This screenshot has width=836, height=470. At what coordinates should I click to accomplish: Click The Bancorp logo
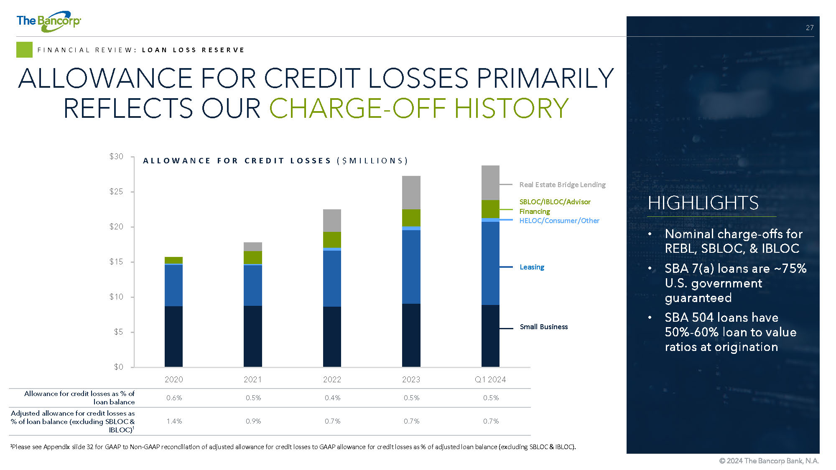[x=48, y=21]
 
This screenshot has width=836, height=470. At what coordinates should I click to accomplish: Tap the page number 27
[x=810, y=28]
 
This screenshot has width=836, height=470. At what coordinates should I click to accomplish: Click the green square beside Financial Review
[x=24, y=50]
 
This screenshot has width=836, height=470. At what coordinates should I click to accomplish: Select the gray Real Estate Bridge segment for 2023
[x=411, y=193]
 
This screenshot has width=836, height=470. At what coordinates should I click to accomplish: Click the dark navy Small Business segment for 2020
[x=173, y=336]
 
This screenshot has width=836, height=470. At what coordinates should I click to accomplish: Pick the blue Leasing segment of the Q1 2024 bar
[x=490, y=263]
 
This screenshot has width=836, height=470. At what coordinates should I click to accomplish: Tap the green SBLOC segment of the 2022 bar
[x=332, y=240]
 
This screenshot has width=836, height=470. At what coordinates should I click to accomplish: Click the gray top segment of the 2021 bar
[x=253, y=246]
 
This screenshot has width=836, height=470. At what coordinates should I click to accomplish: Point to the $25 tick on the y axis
[x=133, y=192]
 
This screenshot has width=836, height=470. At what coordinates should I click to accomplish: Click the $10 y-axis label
[x=116, y=297]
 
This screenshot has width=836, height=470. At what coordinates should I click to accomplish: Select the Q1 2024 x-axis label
[x=490, y=379]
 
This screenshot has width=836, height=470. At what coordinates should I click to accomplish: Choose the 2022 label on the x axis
[x=332, y=379]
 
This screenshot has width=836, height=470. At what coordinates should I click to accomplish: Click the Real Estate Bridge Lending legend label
[x=562, y=185]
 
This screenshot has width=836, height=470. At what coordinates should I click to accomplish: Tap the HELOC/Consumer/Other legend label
[x=559, y=221]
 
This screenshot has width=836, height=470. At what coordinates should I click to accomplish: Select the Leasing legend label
[x=532, y=267]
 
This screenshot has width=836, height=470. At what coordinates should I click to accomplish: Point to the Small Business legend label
[x=544, y=327]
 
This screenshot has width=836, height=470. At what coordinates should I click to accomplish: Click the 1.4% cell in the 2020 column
[x=174, y=421]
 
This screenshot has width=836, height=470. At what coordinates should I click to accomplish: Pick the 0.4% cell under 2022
[x=332, y=398]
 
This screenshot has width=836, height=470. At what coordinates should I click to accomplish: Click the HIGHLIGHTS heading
[x=703, y=203]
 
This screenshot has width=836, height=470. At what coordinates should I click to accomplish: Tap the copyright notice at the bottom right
[x=769, y=461]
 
